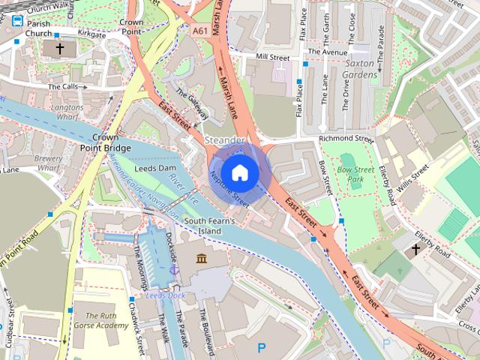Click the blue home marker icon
coord(239,172)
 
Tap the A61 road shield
coord(199,31)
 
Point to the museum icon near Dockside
coord(201,259)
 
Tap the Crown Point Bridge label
coord(106,143)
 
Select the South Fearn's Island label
coord(210,226)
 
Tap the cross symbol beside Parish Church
coord(60,49)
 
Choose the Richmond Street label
coord(346,139)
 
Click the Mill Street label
coord(272,57)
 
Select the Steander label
coord(224,140)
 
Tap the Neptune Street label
coord(229,188)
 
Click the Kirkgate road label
coord(92,34)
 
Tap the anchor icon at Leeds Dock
coord(175,268)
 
